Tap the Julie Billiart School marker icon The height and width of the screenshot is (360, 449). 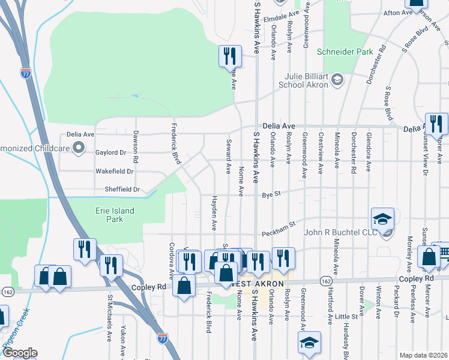pos(337,79)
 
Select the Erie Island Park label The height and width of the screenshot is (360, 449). pos(115,215)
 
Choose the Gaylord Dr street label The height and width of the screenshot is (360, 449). pos(110,152)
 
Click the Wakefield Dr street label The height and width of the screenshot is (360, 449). pos(114,171)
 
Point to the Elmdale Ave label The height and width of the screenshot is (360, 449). pos(282,13)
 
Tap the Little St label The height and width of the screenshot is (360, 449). pos(346,316)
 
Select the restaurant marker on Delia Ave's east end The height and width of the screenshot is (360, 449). pos(436,124)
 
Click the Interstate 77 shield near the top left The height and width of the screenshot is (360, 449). pos(25,73)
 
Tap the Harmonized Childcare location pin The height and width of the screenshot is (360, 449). pos(77,146)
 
